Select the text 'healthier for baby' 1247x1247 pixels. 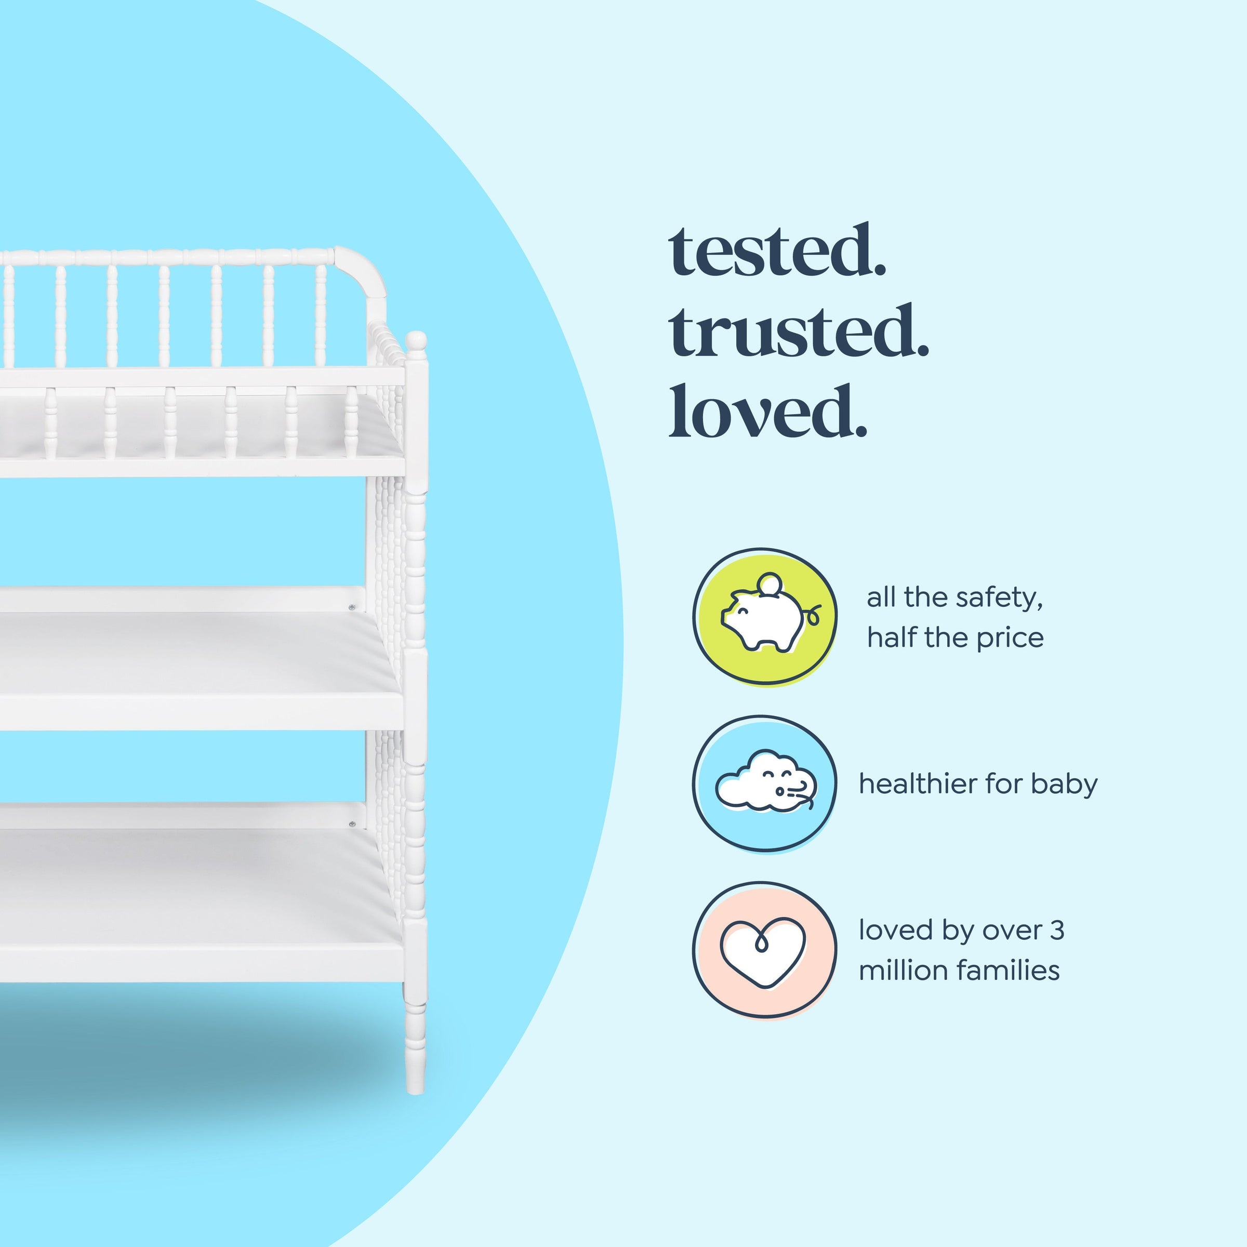(x=978, y=784)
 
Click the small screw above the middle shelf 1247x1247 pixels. (x=352, y=607)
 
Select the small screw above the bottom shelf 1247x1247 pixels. (x=352, y=824)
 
